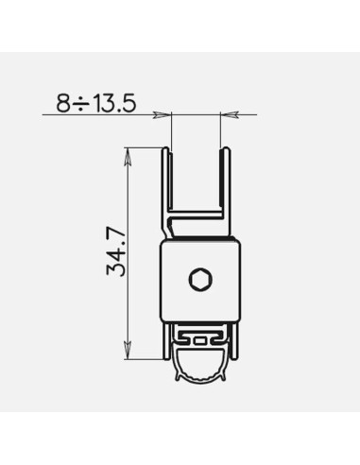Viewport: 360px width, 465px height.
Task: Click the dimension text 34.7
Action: click(116, 252)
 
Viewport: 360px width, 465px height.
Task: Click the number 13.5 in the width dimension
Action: click(115, 103)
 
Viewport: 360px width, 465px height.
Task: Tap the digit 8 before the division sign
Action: click(63, 103)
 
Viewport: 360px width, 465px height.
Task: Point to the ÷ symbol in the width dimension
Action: click(81, 103)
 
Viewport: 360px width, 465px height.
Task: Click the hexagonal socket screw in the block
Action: click(200, 280)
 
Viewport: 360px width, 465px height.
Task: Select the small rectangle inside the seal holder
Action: click(200, 340)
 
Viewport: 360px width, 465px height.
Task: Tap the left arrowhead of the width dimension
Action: click(162, 114)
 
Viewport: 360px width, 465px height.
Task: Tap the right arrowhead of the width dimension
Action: click(229, 114)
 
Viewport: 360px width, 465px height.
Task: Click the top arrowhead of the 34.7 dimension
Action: click(128, 156)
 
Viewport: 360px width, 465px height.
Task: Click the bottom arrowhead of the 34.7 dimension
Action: click(128, 350)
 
